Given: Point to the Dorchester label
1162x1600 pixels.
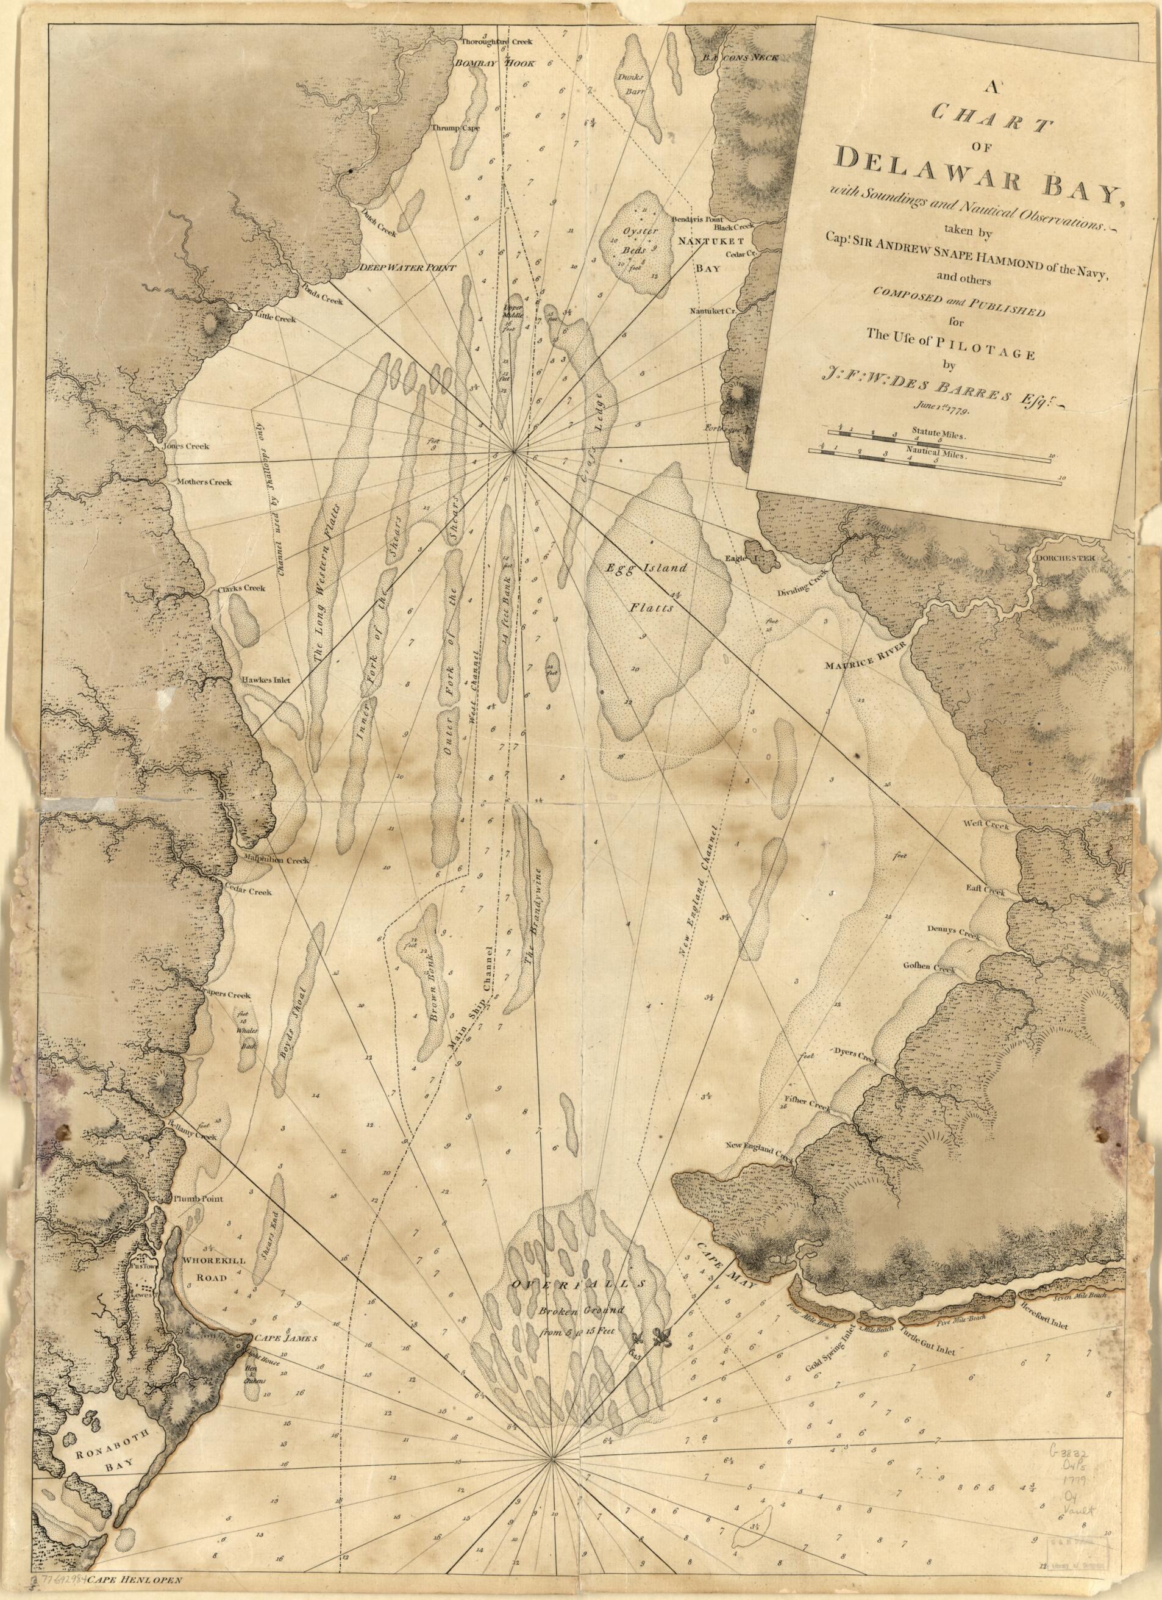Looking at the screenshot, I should (x=1064, y=558).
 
